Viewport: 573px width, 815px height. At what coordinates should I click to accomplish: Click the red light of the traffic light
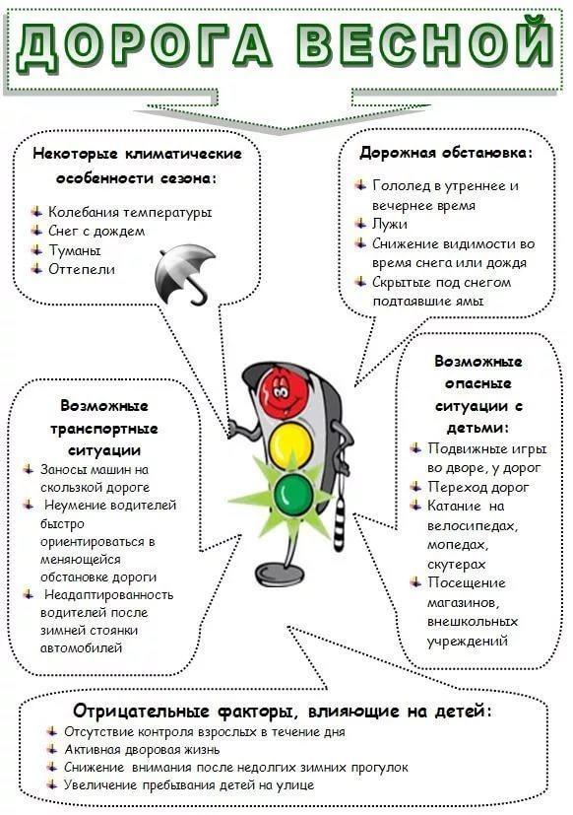tap(284, 390)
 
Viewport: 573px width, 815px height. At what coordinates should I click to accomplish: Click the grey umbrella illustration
tap(185, 273)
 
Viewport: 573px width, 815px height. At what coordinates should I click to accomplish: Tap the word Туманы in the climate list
tap(75, 250)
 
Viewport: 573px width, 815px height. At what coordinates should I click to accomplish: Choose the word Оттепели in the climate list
tap(82, 269)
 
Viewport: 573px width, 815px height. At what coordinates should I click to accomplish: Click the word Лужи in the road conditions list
tap(390, 224)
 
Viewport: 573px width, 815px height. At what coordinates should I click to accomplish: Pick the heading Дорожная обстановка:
tap(446, 153)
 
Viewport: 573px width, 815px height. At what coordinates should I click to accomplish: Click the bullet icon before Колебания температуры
tap(36, 211)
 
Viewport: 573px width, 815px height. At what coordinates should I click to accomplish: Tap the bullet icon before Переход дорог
tap(415, 486)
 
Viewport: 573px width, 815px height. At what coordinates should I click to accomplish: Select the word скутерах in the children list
tap(457, 565)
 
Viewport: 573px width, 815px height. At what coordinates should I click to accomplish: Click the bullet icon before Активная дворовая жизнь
tap(52, 749)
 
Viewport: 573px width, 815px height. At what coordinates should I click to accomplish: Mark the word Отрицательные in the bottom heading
tap(141, 711)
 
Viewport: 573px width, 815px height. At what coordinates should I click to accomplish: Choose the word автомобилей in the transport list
tap(81, 648)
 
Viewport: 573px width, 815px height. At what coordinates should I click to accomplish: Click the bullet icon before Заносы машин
tap(29, 469)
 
